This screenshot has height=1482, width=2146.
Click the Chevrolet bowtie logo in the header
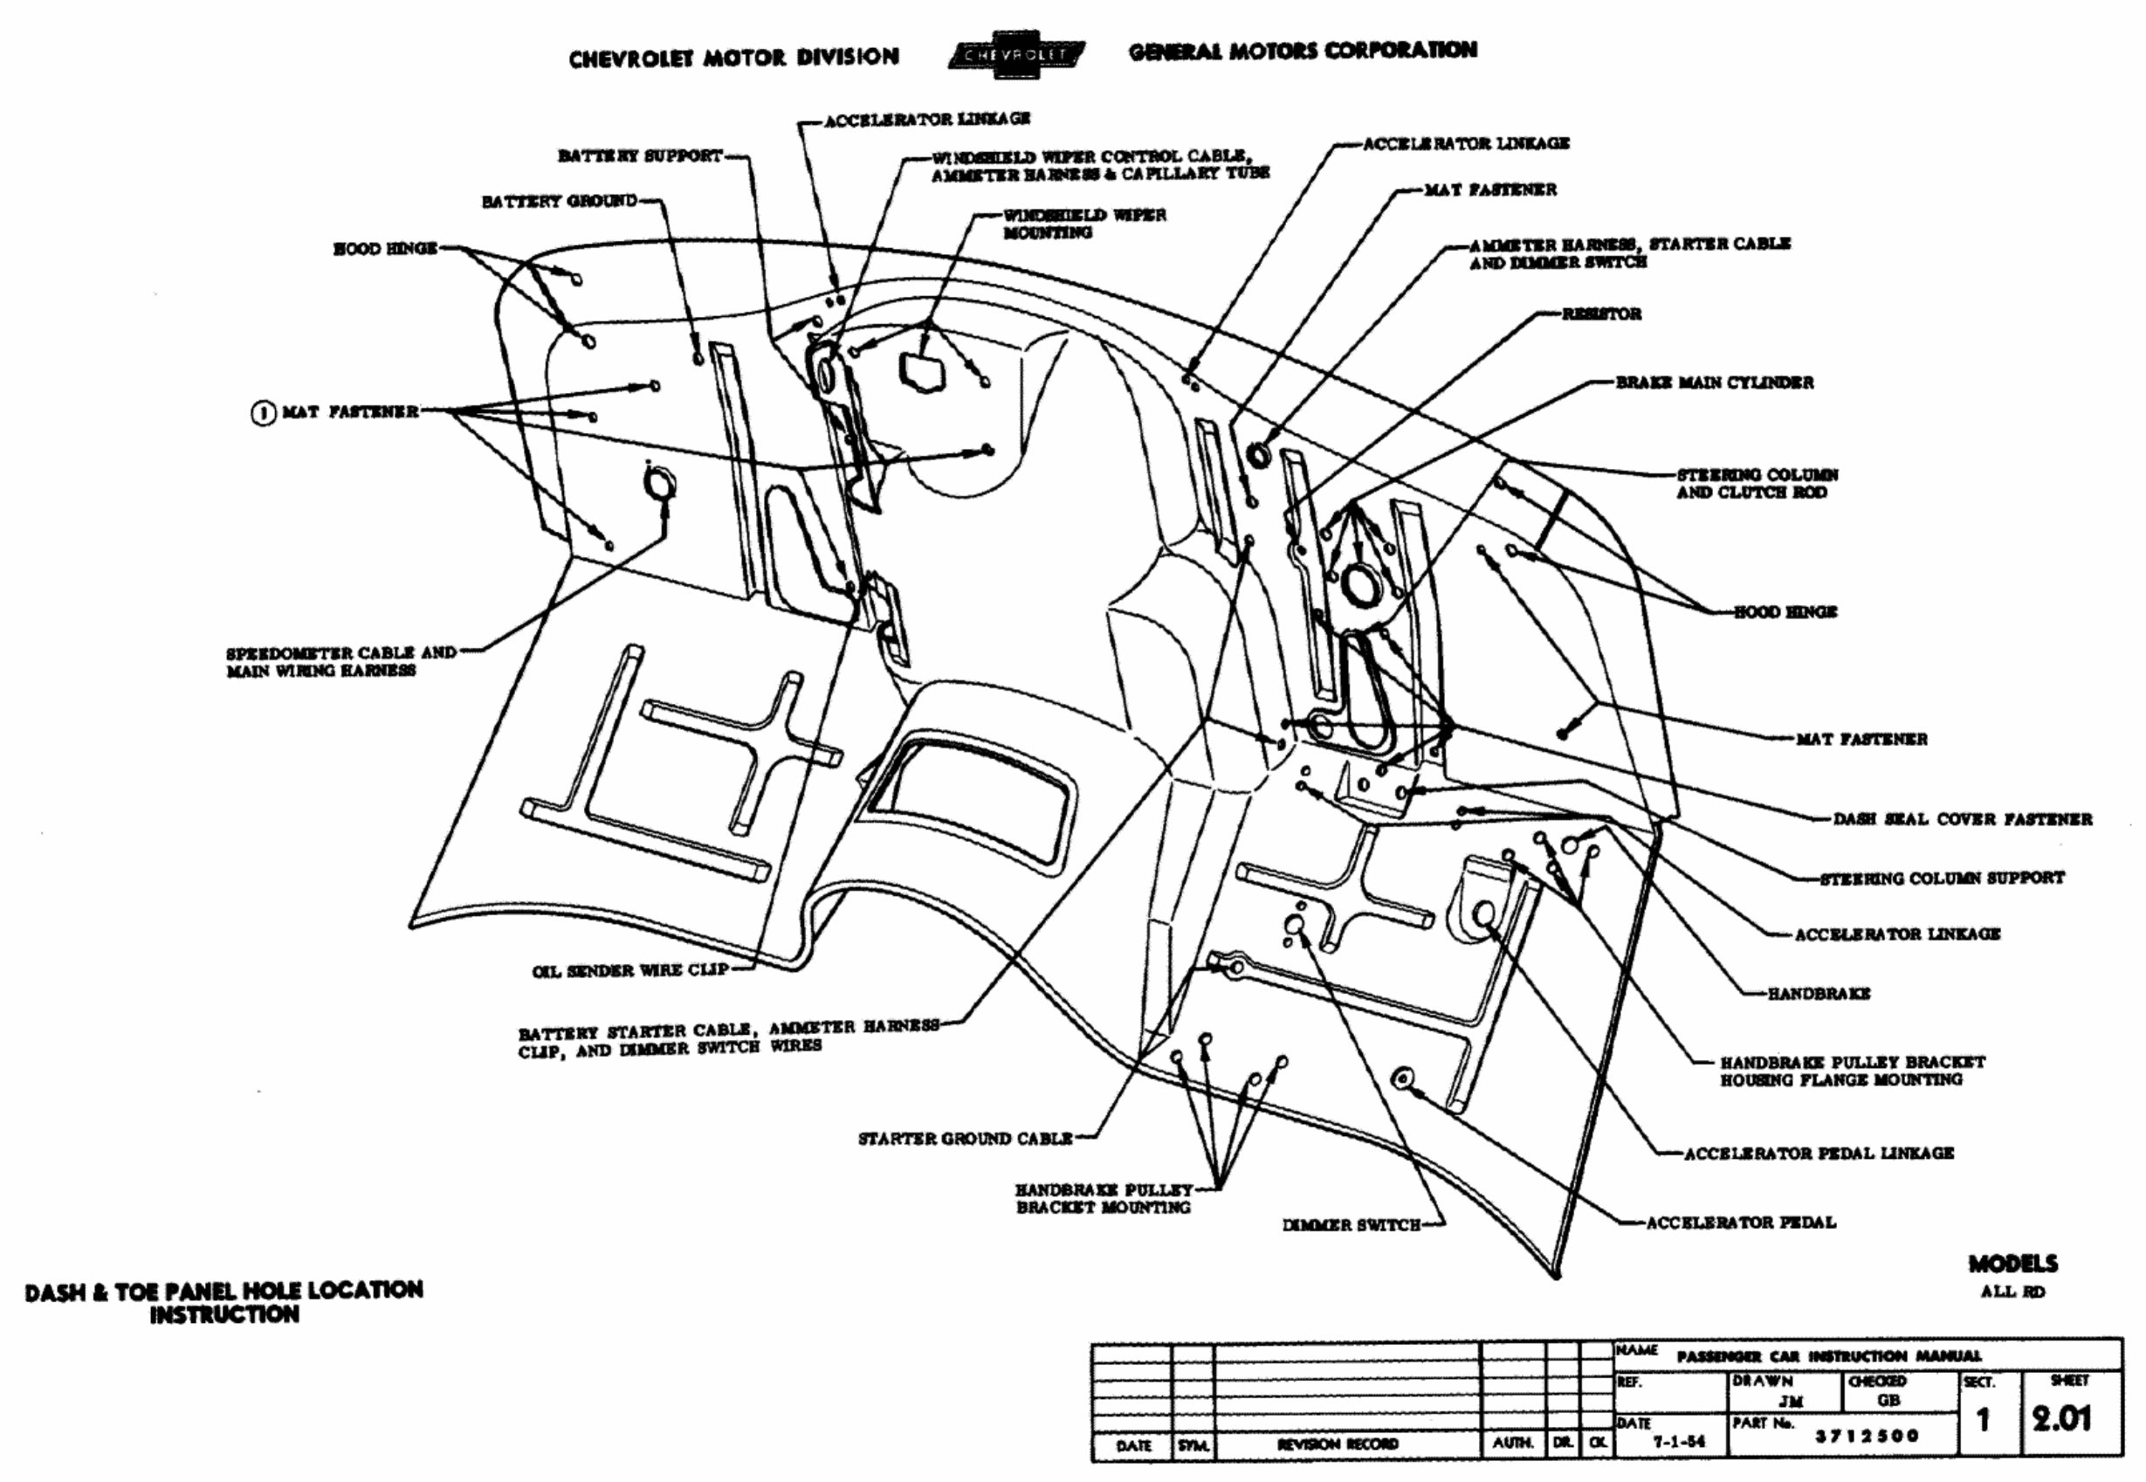pyautogui.click(x=1018, y=54)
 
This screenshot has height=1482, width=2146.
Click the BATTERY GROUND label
pyautogui.click(x=559, y=202)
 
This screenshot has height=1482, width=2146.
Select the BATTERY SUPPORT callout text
pyautogui.click(x=640, y=156)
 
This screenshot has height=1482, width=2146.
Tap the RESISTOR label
pyautogui.click(x=1601, y=314)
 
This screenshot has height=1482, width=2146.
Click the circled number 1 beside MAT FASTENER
pyautogui.click(x=264, y=411)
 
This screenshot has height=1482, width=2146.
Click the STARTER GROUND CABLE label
pyautogui.click(x=965, y=1139)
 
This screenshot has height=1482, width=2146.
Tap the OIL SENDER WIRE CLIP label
pyautogui.click(x=629, y=970)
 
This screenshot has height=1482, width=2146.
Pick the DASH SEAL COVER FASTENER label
pyautogui.click(x=1962, y=819)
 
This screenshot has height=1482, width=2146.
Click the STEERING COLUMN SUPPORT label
pyautogui.click(x=1942, y=878)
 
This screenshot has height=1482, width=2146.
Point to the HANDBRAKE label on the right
pyautogui.click(x=1819, y=994)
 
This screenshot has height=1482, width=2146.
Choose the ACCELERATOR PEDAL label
pyautogui.click(x=1740, y=1222)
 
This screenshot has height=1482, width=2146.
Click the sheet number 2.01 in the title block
pyautogui.click(x=2061, y=1419)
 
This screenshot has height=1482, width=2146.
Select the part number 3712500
pyautogui.click(x=1867, y=1436)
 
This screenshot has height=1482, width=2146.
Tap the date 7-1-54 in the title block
pyautogui.click(x=1680, y=1441)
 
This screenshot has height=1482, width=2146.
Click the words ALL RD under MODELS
pyautogui.click(x=2012, y=1292)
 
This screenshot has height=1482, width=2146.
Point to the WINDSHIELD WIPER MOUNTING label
pyautogui.click(x=1083, y=224)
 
